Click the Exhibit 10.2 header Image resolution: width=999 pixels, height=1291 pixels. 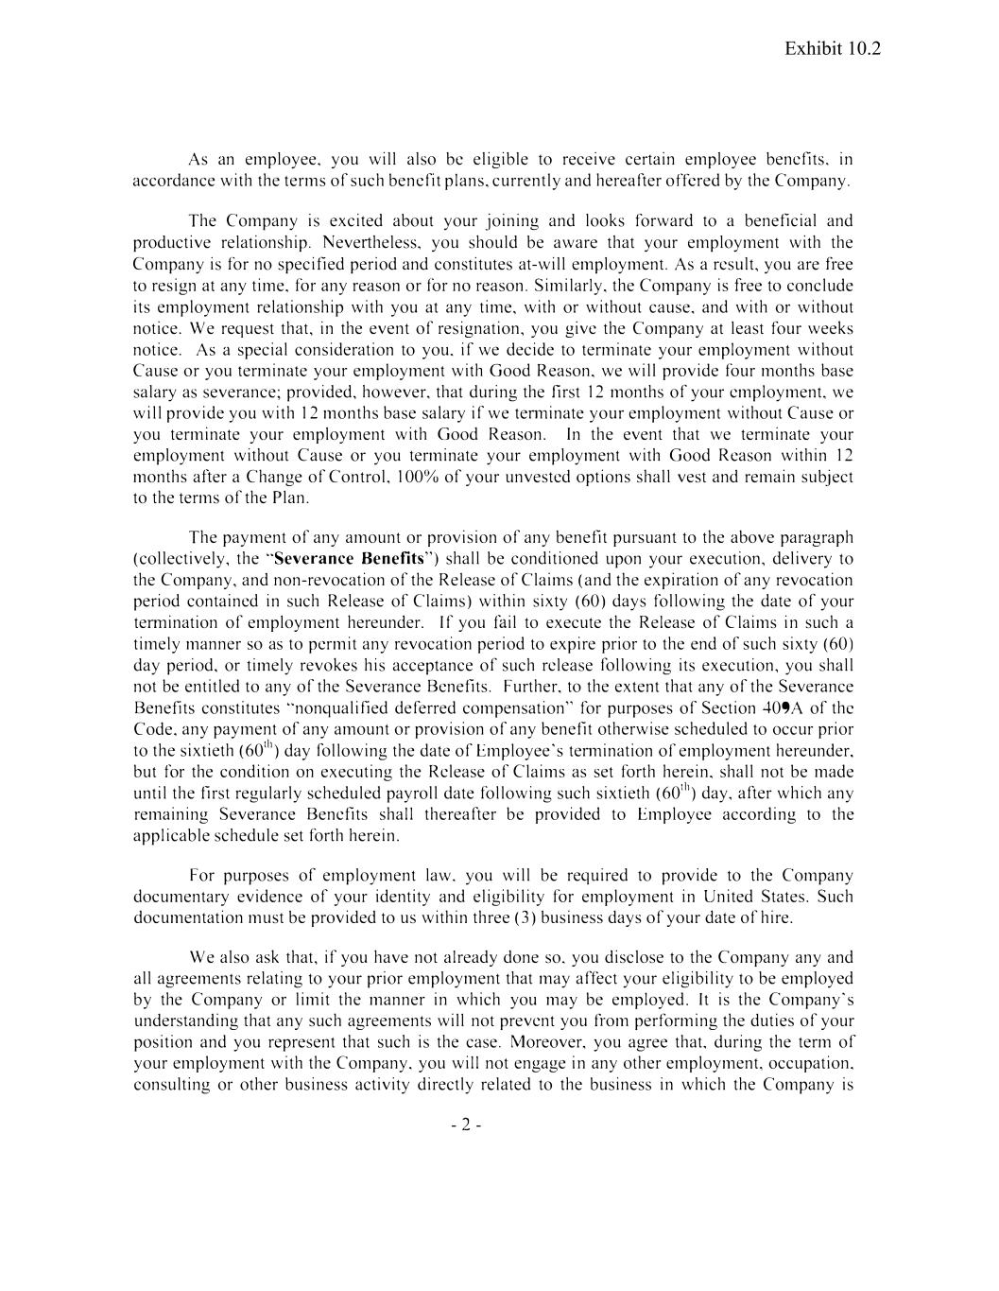point(832,49)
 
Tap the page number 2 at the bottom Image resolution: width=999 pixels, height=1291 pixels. point(466,1125)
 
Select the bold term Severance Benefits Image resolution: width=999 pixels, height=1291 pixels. point(349,558)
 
